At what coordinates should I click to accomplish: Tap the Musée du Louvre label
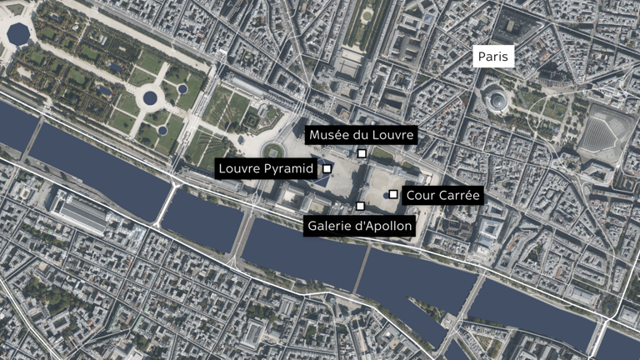coord(360,136)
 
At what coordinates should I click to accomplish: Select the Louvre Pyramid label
coord(265,169)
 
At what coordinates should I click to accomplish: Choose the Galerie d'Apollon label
coord(360,225)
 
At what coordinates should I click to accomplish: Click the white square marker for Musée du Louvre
coord(362,154)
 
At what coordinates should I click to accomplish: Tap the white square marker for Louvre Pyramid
coord(327,168)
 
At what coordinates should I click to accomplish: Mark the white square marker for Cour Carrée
coord(393,195)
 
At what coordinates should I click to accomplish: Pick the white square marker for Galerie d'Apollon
coord(360,206)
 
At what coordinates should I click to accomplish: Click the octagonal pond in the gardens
coord(17,32)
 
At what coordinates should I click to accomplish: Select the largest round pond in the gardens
coord(150,98)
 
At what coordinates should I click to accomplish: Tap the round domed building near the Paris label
coord(497,100)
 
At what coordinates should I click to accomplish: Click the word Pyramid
coord(287,169)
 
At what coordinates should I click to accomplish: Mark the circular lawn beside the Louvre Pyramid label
coord(272,151)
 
